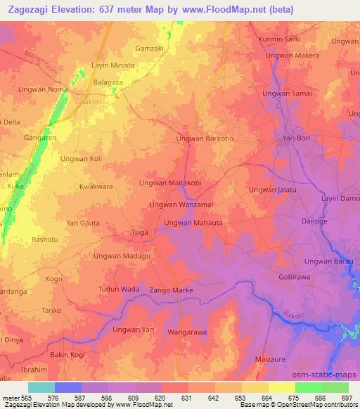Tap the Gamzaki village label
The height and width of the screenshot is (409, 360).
point(149,48)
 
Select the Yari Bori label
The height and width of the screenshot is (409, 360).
point(297,138)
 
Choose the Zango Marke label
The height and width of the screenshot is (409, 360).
point(171,290)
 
